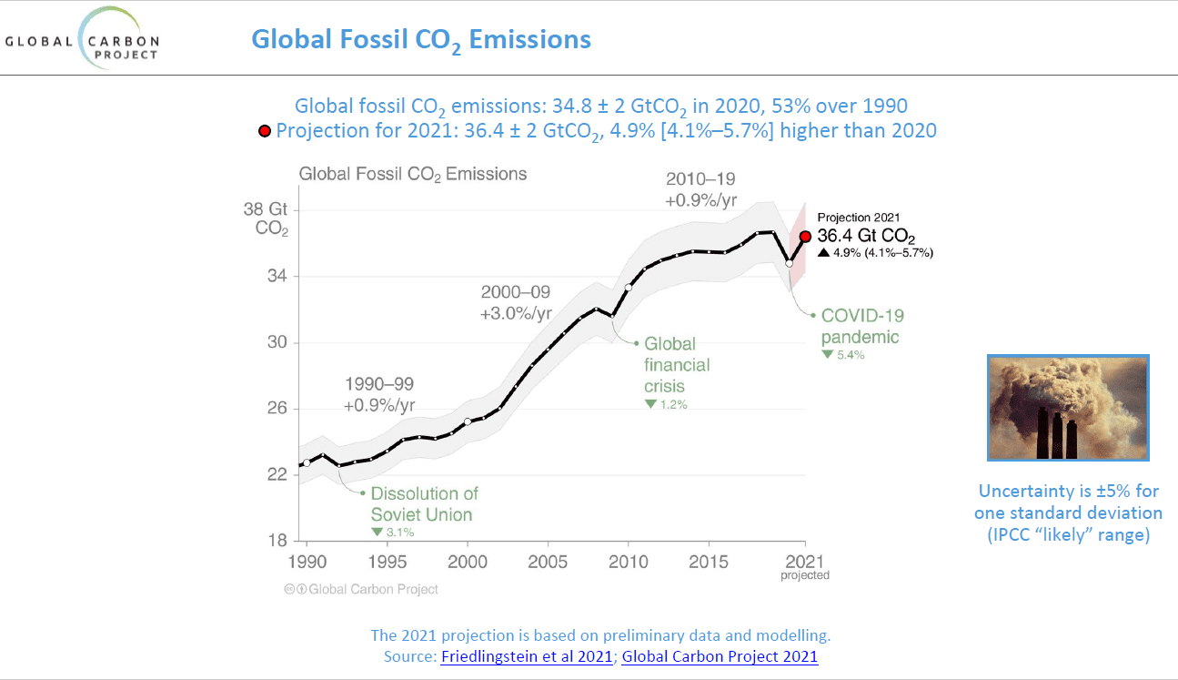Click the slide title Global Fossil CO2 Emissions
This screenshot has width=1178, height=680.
pyautogui.click(x=420, y=40)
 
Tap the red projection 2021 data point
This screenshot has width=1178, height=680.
pyautogui.click(x=805, y=237)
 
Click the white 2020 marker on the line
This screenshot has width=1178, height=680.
pyautogui.click(x=789, y=262)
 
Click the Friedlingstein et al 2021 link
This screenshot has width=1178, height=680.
pyautogui.click(x=527, y=656)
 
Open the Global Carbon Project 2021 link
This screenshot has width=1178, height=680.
pyautogui.click(x=720, y=656)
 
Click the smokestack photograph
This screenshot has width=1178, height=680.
pyautogui.click(x=1068, y=407)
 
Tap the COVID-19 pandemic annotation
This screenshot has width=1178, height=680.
pyautogui.click(x=861, y=327)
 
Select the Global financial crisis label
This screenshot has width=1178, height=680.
pyautogui.click(x=677, y=365)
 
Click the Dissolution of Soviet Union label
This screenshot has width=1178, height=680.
pyautogui.click(x=423, y=504)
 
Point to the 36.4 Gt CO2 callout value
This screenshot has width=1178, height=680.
pyautogui.click(x=866, y=237)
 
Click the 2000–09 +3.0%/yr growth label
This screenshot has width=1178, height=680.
pyautogui.click(x=516, y=303)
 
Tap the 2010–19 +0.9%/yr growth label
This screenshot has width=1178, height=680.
pyautogui.click(x=700, y=188)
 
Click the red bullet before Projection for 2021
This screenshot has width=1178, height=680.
pyautogui.click(x=265, y=131)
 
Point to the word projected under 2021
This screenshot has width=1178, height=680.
pyautogui.click(x=805, y=575)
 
